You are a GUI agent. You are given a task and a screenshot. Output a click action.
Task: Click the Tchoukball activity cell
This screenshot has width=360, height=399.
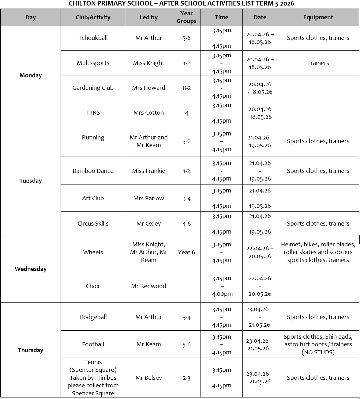tap(93, 38)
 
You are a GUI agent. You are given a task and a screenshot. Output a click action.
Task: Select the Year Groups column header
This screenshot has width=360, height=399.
tap(186, 17)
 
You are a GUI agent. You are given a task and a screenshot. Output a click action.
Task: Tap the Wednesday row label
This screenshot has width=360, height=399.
tap(31, 269)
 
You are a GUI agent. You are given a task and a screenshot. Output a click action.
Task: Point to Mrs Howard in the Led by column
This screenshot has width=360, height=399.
tap(148, 88)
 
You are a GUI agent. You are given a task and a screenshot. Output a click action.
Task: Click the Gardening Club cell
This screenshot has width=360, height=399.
tap(93, 88)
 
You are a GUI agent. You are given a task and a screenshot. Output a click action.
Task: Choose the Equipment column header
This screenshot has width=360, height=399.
tap(318, 17)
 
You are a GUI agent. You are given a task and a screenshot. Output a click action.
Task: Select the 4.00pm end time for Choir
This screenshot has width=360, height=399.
tap(222, 294)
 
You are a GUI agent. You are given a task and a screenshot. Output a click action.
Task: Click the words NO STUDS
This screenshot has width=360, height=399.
tap(318, 352)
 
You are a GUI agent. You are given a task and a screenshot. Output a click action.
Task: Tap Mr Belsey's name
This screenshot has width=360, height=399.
tap(148, 378)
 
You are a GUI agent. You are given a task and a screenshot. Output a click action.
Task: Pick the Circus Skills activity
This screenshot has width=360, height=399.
tap(93, 224)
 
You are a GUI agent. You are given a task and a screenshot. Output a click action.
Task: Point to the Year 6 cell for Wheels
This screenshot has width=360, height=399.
tap(186, 253)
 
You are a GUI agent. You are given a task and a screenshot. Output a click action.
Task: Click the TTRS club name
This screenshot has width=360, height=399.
tap(93, 113)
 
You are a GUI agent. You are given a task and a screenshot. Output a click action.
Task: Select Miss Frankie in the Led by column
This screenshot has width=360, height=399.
tap(148, 171)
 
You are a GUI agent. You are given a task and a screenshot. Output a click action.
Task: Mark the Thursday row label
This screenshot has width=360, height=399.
tap(31, 350)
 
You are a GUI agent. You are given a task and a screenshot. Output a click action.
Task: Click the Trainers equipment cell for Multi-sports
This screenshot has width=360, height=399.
tap(318, 63)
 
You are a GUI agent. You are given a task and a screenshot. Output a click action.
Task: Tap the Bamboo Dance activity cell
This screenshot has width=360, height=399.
tap(93, 171)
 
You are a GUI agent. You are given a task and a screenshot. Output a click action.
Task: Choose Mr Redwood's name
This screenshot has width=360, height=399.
tap(148, 286)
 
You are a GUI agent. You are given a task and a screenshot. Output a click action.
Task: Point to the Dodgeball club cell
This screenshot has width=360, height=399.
tap(93, 317)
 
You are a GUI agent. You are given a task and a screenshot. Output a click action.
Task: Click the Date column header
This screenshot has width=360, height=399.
tap(260, 17)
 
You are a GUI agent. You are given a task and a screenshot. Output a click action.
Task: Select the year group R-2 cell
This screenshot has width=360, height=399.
tap(186, 88)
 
